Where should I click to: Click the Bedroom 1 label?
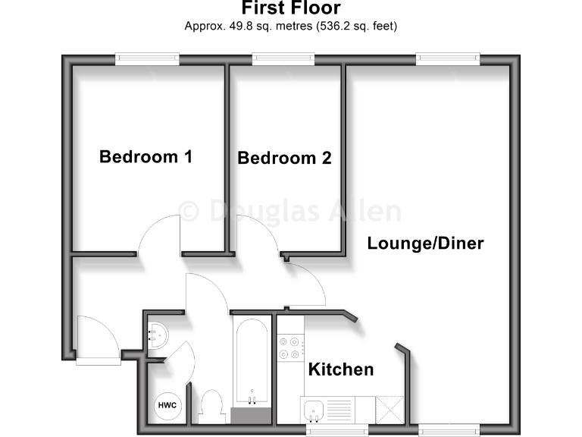point(145,157)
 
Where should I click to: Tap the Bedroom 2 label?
point(284,159)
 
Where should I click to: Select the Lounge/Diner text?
point(425,244)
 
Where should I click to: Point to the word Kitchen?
point(340,369)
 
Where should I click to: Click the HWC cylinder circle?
point(167,406)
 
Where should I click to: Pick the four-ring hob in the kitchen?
point(289,348)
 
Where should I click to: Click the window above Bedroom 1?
point(147,58)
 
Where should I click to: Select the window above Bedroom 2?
point(283,58)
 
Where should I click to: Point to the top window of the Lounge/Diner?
point(447,58)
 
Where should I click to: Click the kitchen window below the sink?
point(338,429)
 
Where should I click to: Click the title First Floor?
point(290,8)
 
